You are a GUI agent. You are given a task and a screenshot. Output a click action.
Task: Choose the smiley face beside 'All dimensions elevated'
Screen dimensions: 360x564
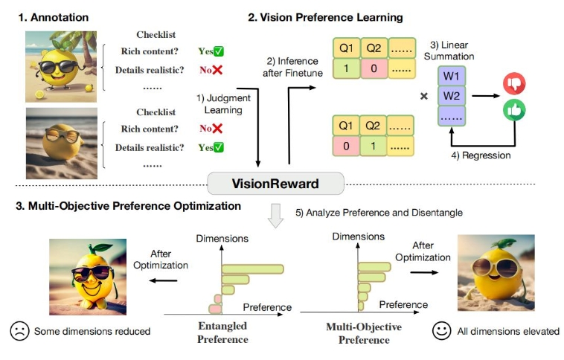[441, 331]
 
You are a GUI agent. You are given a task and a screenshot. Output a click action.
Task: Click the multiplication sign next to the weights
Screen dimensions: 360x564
[424, 96]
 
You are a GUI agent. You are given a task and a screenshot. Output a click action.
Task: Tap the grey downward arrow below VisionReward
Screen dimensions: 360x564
[276, 216]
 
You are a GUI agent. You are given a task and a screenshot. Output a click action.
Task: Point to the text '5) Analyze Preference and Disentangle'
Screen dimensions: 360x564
[379, 212]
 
